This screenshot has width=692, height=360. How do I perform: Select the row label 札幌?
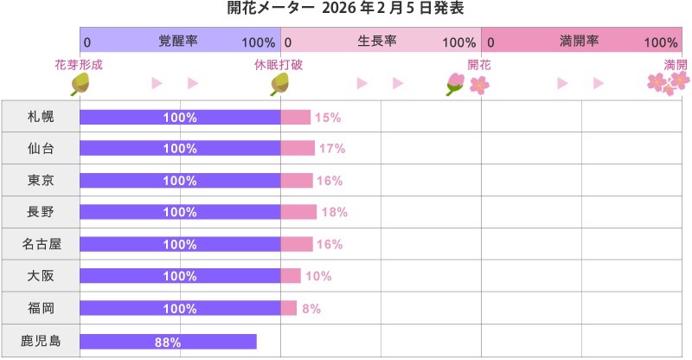click(41, 117)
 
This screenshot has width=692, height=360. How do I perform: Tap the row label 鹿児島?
click(41, 341)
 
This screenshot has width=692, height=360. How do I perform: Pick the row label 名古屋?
click(41, 245)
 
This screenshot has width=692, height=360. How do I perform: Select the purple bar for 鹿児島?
click(168, 341)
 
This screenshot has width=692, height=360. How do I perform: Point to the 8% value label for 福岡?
click(311, 309)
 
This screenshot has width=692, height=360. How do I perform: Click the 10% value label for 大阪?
click(318, 277)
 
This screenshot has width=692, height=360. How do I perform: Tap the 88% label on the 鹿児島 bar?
click(168, 342)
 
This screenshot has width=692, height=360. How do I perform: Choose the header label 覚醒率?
click(178, 42)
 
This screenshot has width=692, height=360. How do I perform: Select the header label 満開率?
click(580, 42)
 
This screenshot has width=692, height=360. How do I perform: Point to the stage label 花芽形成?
click(79, 65)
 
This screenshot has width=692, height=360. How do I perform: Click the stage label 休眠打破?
click(279, 65)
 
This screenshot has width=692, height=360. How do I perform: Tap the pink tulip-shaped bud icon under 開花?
click(455, 83)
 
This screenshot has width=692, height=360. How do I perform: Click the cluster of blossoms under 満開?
click(669, 83)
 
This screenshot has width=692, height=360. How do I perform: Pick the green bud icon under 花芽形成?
click(80, 83)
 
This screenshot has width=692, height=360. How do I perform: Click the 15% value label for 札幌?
click(327, 117)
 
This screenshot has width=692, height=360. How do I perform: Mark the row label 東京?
click(41, 181)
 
